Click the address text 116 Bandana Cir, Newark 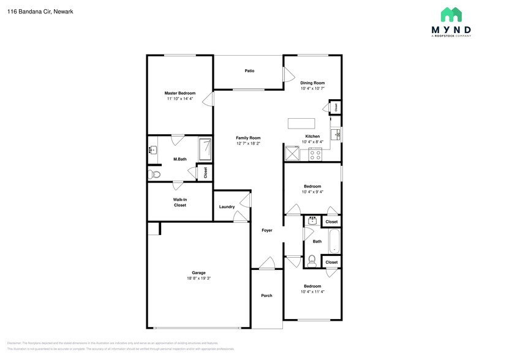[40, 11]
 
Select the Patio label [249, 71]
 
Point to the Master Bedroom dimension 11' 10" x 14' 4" [179, 99]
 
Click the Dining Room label [312, 83]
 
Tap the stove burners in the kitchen [315, 154]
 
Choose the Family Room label [248, 138]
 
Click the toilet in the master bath [155, 175]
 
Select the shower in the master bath [206, 148]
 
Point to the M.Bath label [179, 159]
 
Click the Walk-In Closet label [179, 202]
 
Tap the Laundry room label [227, 207]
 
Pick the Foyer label [267, 230]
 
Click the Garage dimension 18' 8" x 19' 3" [198, 279]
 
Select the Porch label [266, 296]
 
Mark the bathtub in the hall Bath [334, 241]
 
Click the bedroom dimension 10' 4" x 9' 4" [312, 192]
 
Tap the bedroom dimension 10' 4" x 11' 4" [312, 292]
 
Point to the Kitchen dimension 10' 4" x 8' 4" [312, 142]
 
